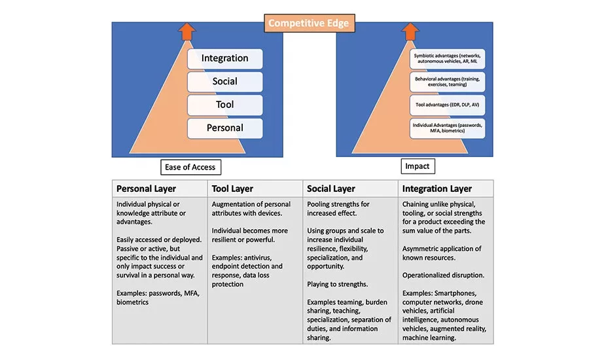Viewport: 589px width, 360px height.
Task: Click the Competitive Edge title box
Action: [309, 24]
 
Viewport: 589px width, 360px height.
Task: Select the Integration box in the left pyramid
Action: [224, 58]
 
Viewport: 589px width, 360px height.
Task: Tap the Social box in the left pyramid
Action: [224, 82]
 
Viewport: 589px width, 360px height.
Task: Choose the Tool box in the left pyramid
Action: [224, 105]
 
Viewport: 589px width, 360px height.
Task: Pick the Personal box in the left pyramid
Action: [224, 128]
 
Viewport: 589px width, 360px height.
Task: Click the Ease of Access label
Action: [190, 167]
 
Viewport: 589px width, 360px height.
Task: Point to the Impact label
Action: [417, 166]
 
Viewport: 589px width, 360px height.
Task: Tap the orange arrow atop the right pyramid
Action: [410, 31]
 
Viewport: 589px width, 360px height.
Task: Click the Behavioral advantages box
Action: [448, 81]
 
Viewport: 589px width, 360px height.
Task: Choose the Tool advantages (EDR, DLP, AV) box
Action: [448, 104]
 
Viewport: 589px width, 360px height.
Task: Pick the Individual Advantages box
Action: [448, 128]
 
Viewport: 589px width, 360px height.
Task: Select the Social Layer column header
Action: [331, 189]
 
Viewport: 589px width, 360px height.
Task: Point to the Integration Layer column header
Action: [437, 189]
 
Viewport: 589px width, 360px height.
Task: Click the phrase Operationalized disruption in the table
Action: [444, 275]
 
